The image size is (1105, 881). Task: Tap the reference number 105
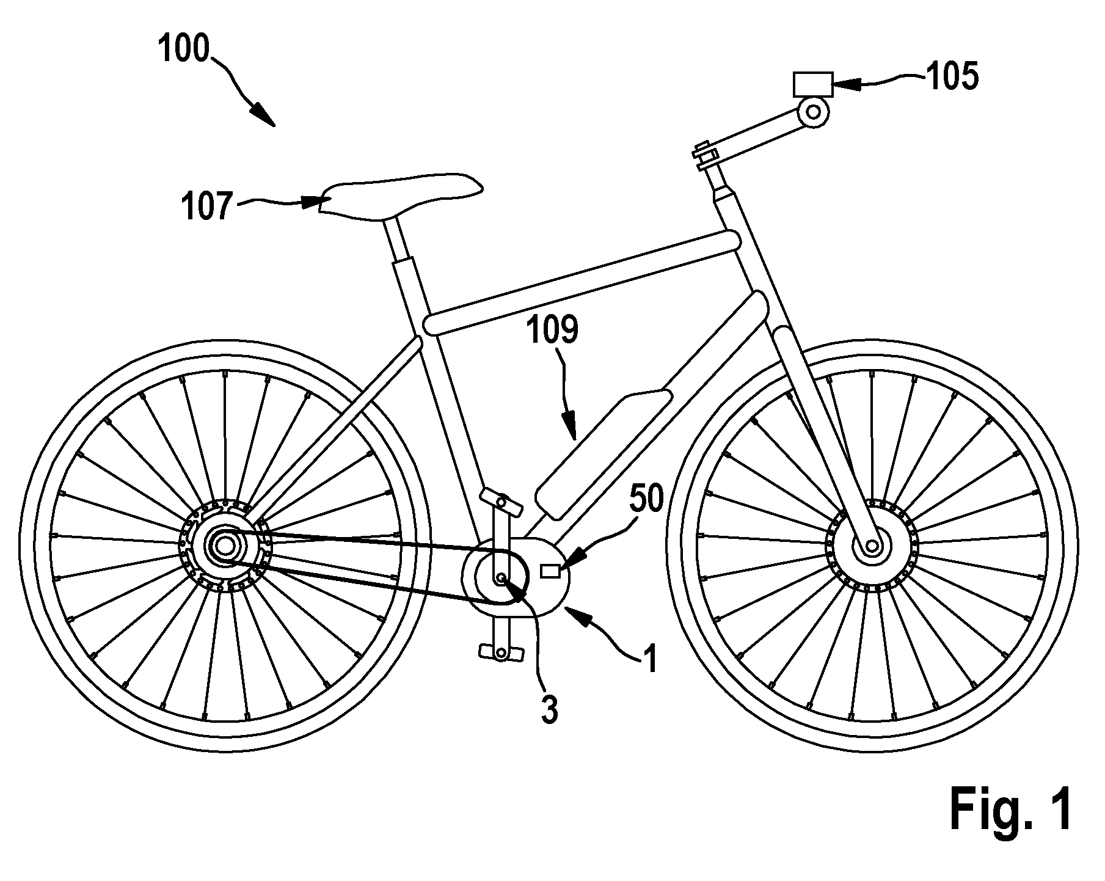[x=952, y=77]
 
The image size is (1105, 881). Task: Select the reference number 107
[x=207, y=207]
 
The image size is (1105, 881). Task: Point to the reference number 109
[x=553, y=331]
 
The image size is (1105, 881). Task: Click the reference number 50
[x=646, y=500]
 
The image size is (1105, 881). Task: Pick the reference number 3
[x=550, y=709]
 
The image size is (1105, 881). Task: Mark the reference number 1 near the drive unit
[x=651, y=660]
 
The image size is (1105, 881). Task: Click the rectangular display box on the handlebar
[x=813, y=84]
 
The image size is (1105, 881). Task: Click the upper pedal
[x=502, y=501]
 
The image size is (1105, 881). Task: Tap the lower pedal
[x=501, y=653]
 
